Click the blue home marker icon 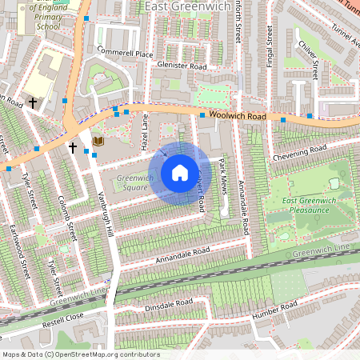[179, 173]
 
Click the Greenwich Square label [133, 182]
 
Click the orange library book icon [98, 141]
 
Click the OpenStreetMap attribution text [82, 354]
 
